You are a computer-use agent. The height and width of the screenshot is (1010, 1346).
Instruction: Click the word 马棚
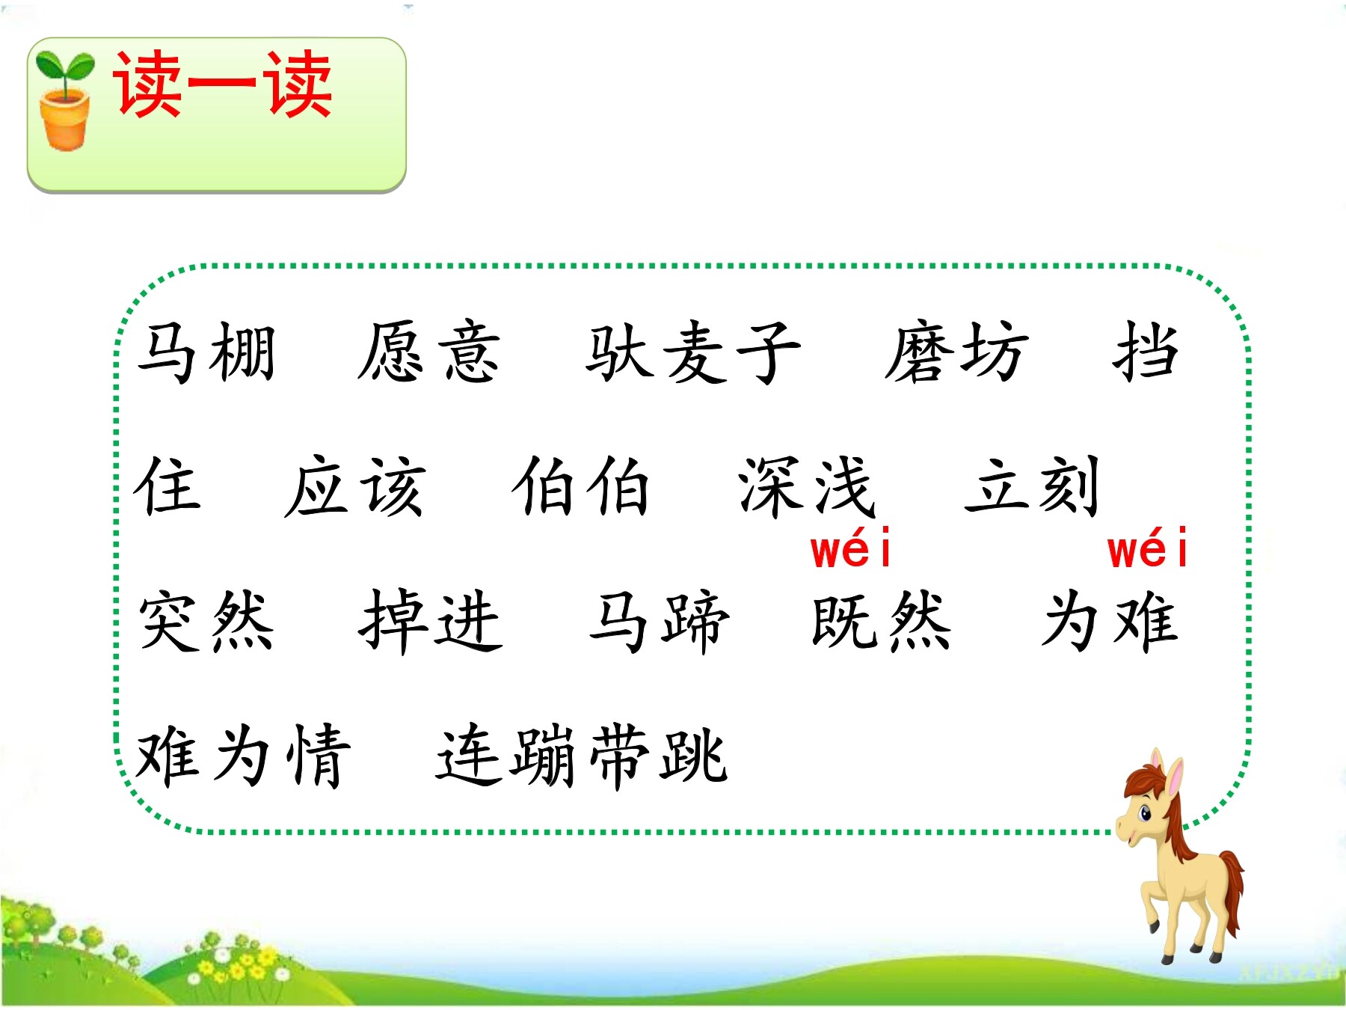pyautogui.click(x=206, y=352)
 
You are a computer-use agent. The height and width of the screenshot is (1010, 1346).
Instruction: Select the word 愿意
pyautogui.click(x=428, y=352)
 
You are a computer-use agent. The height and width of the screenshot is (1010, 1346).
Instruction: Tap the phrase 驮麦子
pyautogui.click(x=693, y=352)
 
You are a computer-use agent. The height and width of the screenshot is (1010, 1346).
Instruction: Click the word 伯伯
pyautogui.click(x=581, y=486)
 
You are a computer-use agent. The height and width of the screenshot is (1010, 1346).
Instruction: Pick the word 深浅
pyautogui.click(x=807, y=486)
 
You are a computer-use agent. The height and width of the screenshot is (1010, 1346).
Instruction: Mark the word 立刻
pyautogui.click(x=1033, y=486)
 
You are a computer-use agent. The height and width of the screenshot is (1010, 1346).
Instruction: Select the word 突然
pyautogui.click(x=206, y=621)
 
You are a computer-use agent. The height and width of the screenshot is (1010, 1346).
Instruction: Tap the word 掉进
pyautogui.click(x=431, y=621)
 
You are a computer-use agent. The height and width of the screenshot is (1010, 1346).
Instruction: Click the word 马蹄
pyautogui.click(x=659, y=621)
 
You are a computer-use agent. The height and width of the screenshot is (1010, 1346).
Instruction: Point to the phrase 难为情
pyautogui.click(x=243, y=756)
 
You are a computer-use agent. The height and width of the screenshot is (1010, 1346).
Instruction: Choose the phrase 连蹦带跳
pyautogui.click(x=582, y=756)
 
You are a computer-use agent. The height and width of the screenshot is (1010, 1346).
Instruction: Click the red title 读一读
pyautogui.click(x=222, y=85)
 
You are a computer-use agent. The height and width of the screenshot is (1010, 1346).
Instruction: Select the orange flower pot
pyautogui.click(x=65, y=120)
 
